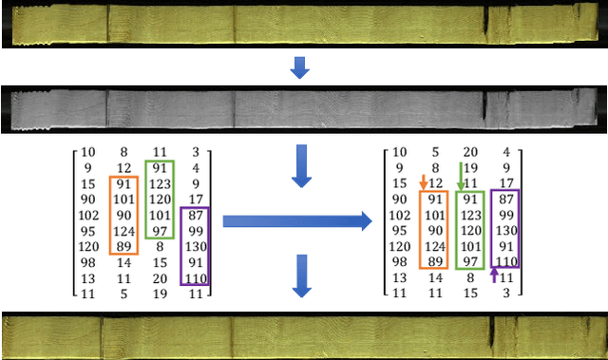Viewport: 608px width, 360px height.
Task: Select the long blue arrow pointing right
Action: (296, 222)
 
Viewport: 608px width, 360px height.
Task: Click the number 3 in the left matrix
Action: (196, 151)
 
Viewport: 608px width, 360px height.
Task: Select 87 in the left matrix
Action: (196, 216)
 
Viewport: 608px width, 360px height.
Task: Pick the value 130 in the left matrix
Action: (196, 247)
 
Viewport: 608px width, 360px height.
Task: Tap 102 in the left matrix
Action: (87, 215)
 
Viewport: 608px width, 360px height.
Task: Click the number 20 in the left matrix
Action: (160, 279)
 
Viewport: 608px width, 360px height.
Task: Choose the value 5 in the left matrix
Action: (123, 295)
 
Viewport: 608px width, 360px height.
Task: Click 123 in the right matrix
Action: (470, 215)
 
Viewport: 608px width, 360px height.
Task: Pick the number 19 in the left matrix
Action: (160, 295)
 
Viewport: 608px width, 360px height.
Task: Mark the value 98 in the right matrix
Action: (399, 263)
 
